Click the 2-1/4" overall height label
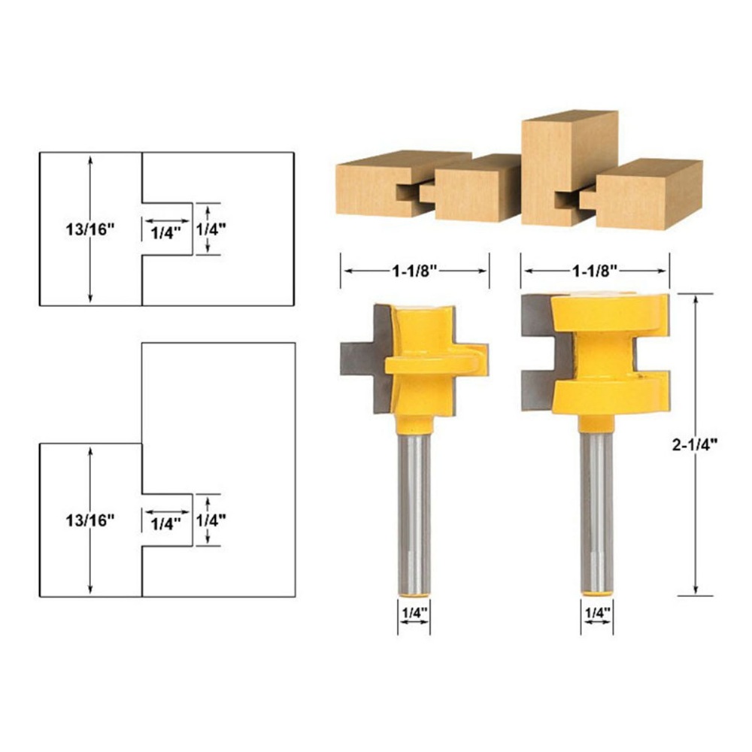point(694,445)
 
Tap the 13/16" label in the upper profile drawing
point(90,229)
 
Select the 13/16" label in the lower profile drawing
point(90,520)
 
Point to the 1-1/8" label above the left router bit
point(415,271)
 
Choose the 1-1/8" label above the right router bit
point(595,271)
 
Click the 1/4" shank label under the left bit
point(414,612)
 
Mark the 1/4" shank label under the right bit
point(598,612)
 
